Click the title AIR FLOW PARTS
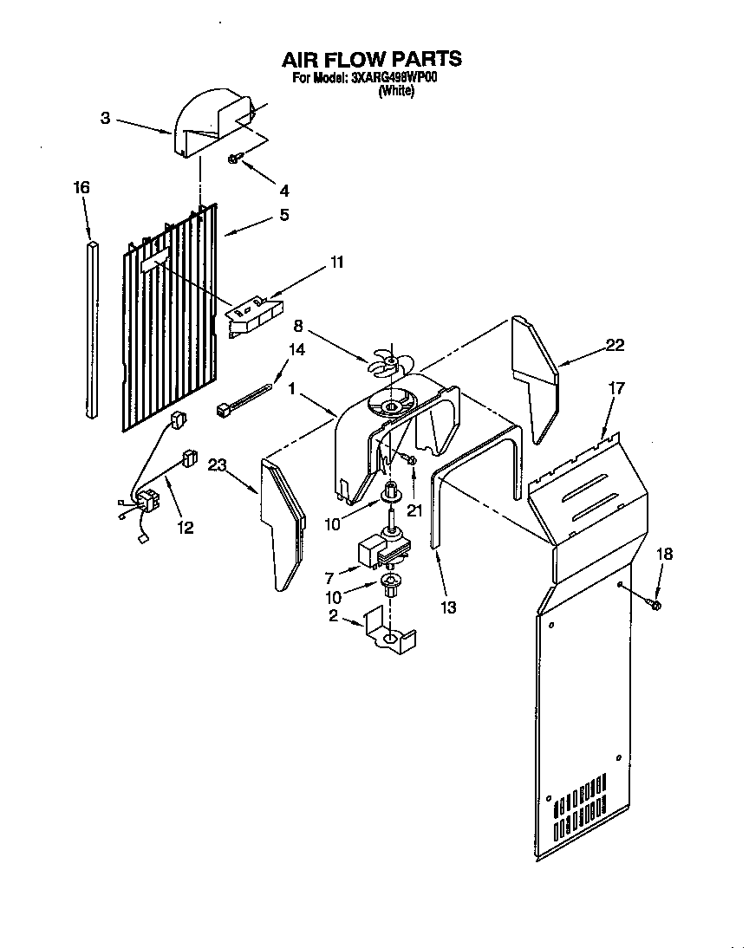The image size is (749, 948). tap(371, 59)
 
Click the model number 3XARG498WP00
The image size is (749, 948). tap(395, 78)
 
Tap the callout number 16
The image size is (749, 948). tap(81, 188)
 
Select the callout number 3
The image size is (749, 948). tap(105, 119)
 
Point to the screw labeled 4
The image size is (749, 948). tap(235, 158)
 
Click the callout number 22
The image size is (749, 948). tap(615, 346)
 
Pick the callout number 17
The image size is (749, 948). tap(616, 390)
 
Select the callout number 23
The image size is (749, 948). tap(217, 465)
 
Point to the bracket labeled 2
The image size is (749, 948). tap(388, 631)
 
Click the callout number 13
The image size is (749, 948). tap(447, 607)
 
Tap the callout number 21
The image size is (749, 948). tap(414, 510)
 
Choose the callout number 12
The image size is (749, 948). tap(186, 526)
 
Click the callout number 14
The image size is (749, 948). tap(297, 350)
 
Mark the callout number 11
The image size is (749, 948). tap(336, 262)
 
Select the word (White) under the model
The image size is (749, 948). tap(396, 91)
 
